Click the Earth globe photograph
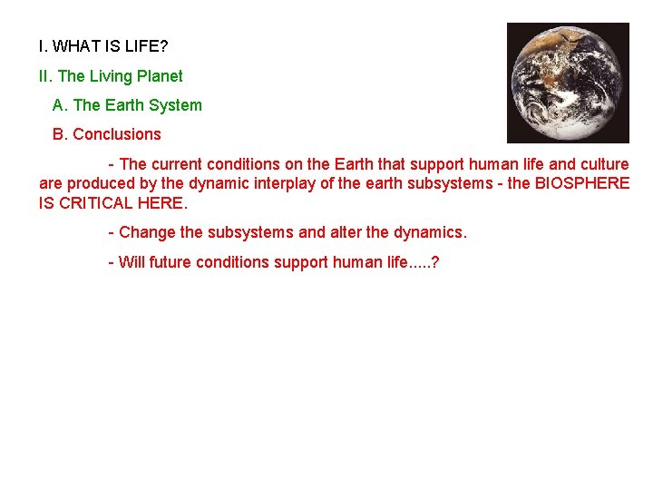(568, 83)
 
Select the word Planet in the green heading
(159, 76)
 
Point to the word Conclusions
(116, 134)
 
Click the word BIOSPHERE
(581, 183)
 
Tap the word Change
(148, 232)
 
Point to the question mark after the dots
(436, 262)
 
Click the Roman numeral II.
(44, 76)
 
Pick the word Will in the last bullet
(132, 262)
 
